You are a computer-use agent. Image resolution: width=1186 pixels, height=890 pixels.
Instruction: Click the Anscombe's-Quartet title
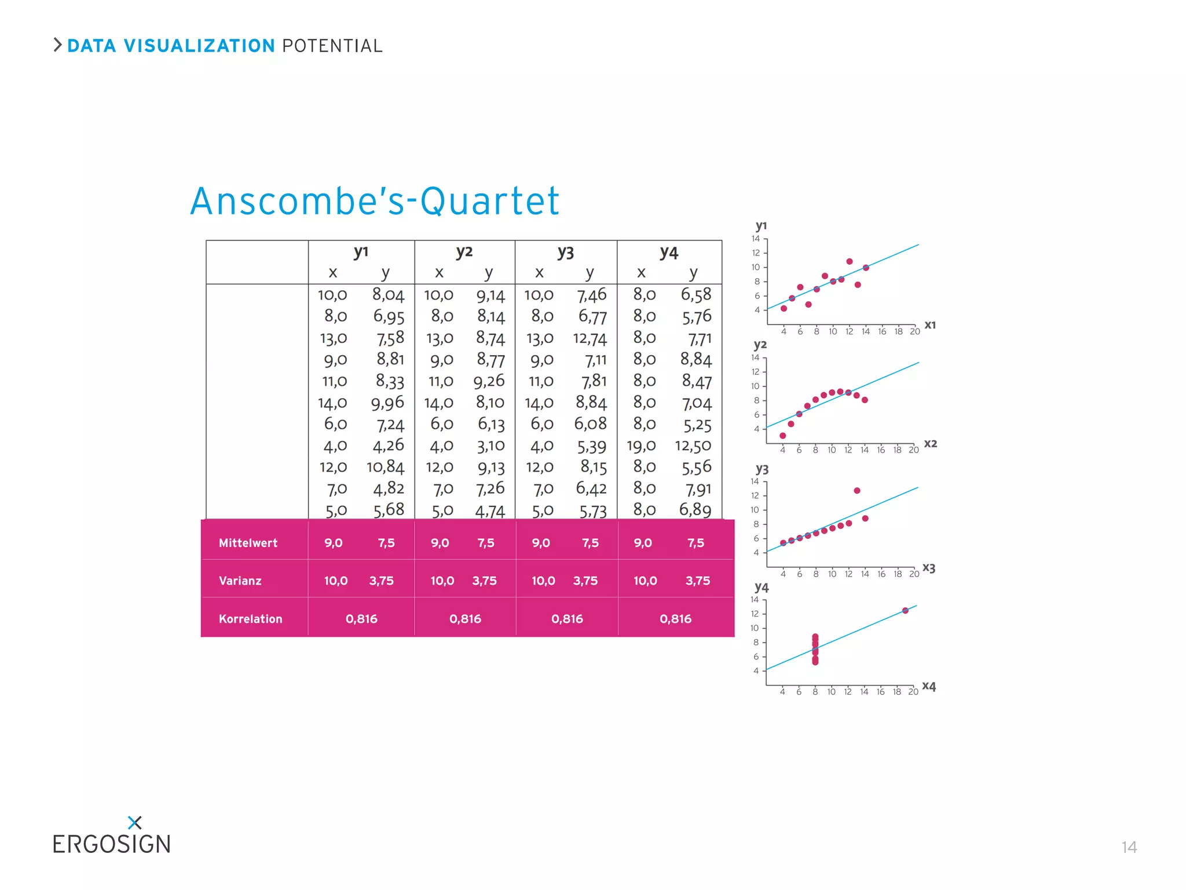[375, 201]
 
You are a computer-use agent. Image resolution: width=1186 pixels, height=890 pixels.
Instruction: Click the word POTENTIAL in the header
[332, 46]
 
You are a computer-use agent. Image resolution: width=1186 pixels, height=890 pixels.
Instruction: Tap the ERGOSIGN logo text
[112, 844]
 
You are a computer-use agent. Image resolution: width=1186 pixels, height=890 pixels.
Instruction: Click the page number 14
[1129, 847]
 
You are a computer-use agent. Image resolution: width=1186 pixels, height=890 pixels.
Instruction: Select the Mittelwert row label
[248, 543]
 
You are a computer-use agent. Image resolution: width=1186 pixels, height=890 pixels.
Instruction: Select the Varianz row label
[240, 581]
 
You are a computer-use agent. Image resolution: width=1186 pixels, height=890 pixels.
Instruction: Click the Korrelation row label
[250, 619]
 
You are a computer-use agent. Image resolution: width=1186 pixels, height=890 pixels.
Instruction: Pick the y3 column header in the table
[565, 253]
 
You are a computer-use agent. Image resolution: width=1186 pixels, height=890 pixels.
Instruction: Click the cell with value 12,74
[590, 338]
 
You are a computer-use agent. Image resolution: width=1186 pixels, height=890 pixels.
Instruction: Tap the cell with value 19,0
[641, 446]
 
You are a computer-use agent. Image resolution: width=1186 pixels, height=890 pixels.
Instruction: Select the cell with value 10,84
[385, 467]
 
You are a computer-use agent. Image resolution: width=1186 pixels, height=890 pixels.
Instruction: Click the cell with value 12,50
[693, 446]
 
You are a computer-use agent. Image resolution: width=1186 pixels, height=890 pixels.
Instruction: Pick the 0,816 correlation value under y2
[465, 619]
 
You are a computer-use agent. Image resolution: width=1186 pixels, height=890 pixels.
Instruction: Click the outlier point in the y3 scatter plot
[857, 491]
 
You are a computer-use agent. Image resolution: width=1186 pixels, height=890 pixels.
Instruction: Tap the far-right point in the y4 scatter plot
[905, 611]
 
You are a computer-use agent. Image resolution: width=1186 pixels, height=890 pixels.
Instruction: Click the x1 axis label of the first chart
[930, 325]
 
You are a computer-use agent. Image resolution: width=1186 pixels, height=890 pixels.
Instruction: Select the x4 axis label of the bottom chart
[929, 686]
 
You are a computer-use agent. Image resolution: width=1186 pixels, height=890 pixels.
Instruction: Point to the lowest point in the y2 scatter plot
[783, 436]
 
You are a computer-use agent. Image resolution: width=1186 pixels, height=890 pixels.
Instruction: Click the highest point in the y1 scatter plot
[850, 261]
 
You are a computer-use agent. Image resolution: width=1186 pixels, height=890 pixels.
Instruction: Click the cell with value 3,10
[491, 446]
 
